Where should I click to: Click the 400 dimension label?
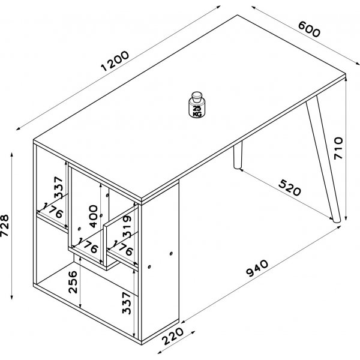[93, 215]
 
